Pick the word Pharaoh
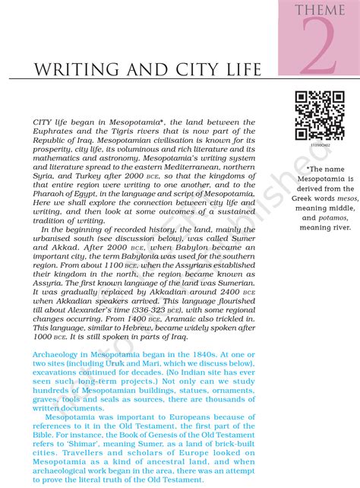tap(52, 195)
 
